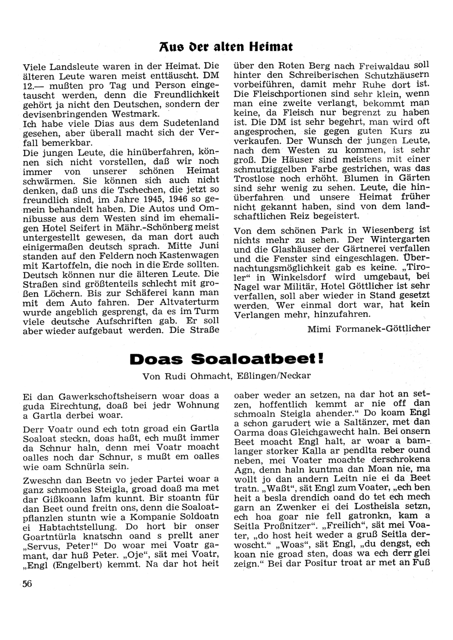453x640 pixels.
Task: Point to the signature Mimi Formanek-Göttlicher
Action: (368, 328)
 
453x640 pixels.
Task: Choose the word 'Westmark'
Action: (137, 114)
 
